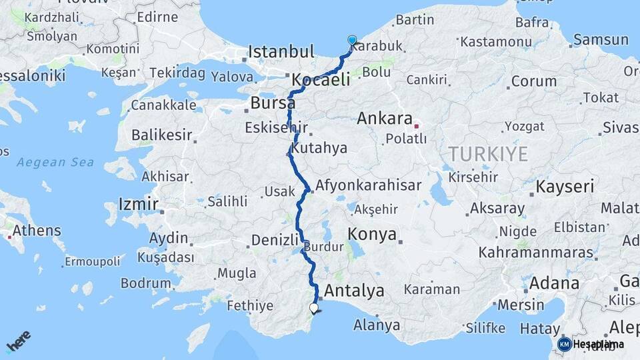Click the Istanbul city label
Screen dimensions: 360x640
[x=281, y=51]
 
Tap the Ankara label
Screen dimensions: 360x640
[x=385, y=119]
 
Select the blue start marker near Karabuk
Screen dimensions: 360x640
[x=352, y=40]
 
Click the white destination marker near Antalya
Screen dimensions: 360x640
[x=314, y=308]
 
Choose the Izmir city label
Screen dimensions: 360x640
[x=138, y=203]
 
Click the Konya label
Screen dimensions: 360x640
[x=371, y=235]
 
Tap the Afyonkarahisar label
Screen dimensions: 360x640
[x=369, y=185]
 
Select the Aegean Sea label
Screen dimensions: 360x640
[x=55, y=162]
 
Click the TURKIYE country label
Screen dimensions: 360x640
[x=489, y=154]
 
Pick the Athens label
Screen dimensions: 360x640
[x=37, y=231]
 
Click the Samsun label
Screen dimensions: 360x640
[x=601, y=39]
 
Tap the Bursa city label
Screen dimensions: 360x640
[x=273, y=103]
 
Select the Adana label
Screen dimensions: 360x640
[x=555, y=283]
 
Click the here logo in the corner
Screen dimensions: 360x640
[x=19, y=341]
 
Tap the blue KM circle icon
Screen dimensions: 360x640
[x=564, y=344]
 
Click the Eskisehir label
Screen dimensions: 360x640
[x=276, y=127]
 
